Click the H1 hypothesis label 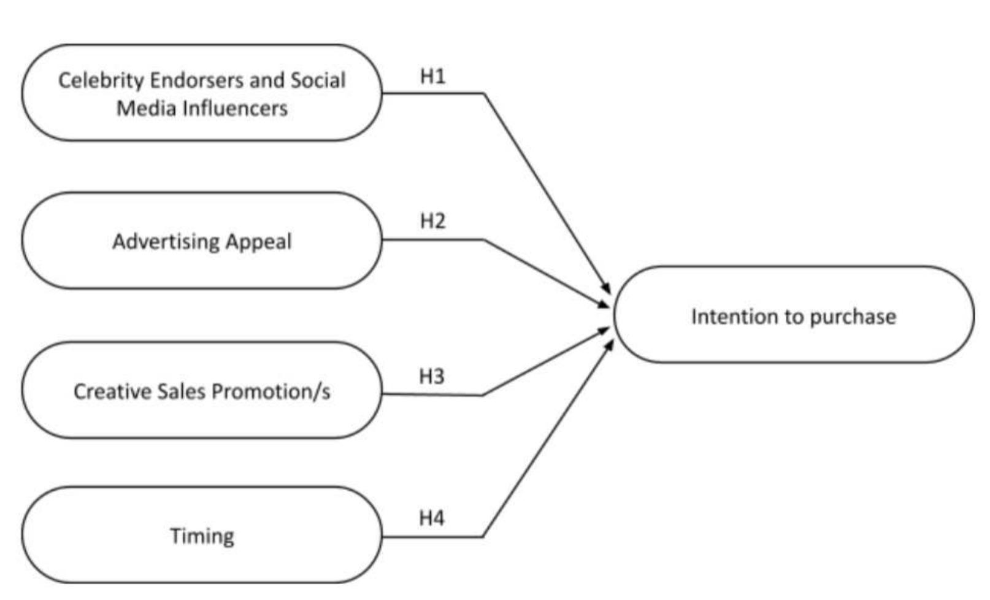pyautogui.click(x=432, y=76)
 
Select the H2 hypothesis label pyautogui.click(x=432, y=221)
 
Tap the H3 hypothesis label pyautogui.click(x=432, y=376)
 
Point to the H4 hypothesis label pyautogui.click(x=432, y=518)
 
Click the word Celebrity pyautogui.click(x=101, y=80)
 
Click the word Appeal pyautogui.click(x=258, y=241)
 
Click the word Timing pyautogui.click(x=202, y=536)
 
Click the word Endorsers pyautogui.click(x=196, y=80)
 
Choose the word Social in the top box pyautogui.click(x=318, y=80)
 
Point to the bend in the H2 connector pyautogui.click(x=484, y=240)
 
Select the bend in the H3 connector pyautogui.click(x=483, y=395)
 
